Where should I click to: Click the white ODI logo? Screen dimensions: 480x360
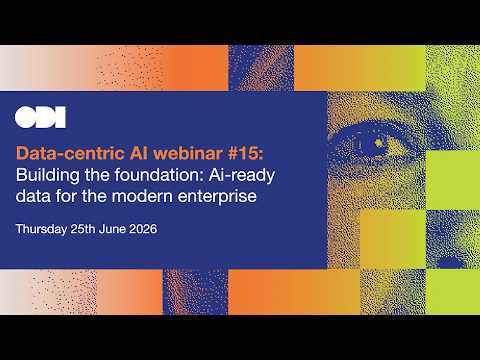click(x=40, y=117)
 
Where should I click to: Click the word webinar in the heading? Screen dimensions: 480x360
click(x=189, y=153)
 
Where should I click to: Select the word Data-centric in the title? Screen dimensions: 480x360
click(x=70, y=153)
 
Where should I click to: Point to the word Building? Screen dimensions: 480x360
click(x=48, y=175)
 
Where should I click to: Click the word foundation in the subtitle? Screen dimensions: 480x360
click(x=159, y=175)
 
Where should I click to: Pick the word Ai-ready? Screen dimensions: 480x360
click(x=242, y=176)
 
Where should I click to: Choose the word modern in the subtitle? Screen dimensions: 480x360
click(x=143, y=196)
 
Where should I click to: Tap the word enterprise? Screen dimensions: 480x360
click(x=217, y=197)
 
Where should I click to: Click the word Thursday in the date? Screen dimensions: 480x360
click(x=41, y=229)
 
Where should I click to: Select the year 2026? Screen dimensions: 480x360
click(x=143, y=229)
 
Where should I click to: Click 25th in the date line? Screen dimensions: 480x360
click(x=83, y=229)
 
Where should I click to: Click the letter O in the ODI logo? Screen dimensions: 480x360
click(x=25, y=117)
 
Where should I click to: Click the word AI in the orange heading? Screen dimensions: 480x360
click(x=139, y=153)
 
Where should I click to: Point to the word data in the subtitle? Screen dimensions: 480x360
click(x=33, y=196)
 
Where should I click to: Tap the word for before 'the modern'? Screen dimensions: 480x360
click(x=67, y=195)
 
